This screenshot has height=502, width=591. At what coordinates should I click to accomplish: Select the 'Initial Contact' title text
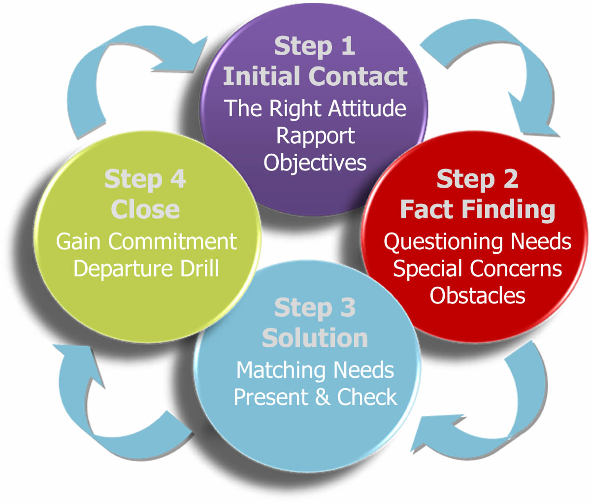pyautogui.click(x=315, y=76)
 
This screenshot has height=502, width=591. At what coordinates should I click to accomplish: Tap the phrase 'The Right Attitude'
pyautogui.click(x=315, y=108)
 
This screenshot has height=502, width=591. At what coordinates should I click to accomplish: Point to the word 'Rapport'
pyautogui.click(x=315, y=135)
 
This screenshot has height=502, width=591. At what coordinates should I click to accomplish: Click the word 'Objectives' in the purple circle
pyautogui.click(x=315, y=163)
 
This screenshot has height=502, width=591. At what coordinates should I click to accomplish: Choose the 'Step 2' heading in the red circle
pyautogui.click(x=477, y=179)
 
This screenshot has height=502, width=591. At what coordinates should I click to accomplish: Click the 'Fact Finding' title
pyautogui.click(x=477, y=209)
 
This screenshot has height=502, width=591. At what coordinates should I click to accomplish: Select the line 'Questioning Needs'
pyautogui.click(x=477, y=241)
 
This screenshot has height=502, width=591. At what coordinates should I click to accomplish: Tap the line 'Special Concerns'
pyautogui.click(x=477, y=268)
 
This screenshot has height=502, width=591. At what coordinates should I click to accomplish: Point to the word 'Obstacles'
pyautogui.click(x=477, y=295)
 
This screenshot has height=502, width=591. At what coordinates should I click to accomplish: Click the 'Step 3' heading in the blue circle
pyautogui.click(x=315, y=308)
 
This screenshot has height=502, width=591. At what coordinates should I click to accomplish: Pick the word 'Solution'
pyautogui.click(x=315, y=338)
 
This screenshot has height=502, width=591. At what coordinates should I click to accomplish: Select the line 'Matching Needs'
pyautogui.click(x=315, y=370)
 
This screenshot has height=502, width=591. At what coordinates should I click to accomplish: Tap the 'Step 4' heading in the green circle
pyautogui.click(x=145, y=179)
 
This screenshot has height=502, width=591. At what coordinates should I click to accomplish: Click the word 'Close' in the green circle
pyautogui.click(x=145, y=209)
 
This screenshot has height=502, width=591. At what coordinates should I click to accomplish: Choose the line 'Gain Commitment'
pyautogui.click(x=146, y=241)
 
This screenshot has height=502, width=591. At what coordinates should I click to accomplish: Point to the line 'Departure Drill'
pyautogui.click(x=146, y=268)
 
